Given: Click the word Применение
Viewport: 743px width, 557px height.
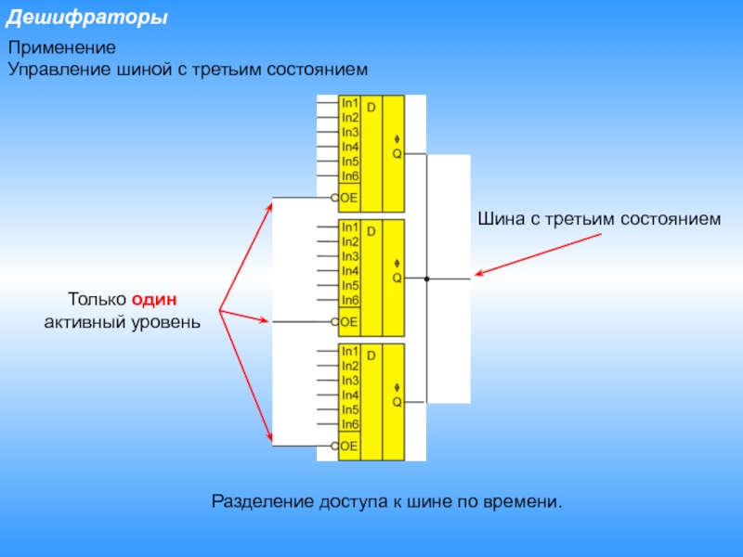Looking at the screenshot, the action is click(62, 47).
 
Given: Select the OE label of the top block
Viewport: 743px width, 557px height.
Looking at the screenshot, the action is click(349, 198).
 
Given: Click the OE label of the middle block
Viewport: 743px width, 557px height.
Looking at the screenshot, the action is click(349, 321).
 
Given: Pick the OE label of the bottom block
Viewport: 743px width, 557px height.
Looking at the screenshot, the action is click(349, 446).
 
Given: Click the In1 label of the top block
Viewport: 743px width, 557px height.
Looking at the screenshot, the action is click(350, 103).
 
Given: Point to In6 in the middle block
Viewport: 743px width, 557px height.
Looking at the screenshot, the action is click(350, 300).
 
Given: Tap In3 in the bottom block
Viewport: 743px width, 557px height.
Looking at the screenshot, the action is click(350, 380).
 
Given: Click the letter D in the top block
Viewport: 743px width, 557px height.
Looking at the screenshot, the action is click(371, 108).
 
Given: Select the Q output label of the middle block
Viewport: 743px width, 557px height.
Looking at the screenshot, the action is click(397, 277).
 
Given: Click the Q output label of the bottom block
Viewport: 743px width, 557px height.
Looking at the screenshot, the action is click(397, 401).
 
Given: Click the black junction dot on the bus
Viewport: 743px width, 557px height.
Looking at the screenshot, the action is click(427, 278).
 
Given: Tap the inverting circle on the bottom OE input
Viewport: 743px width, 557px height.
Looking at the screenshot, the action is click(334, 446).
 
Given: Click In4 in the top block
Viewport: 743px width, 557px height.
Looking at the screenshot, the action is click(350, 147).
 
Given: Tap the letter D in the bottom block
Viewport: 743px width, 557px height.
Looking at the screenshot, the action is click(371, 356).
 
